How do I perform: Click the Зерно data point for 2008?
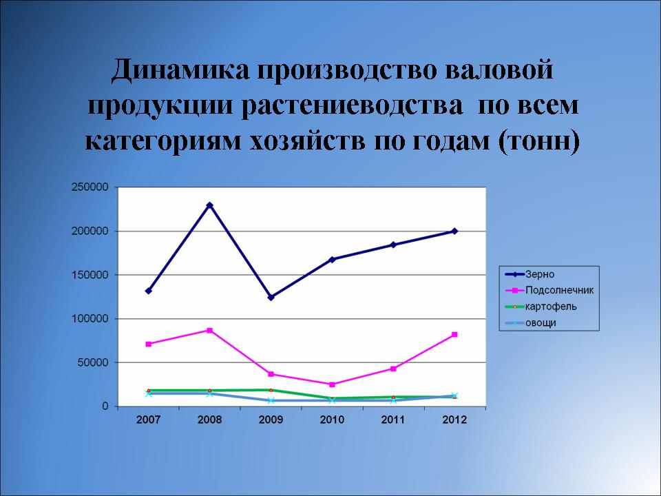209,205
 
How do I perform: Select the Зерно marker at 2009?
271,298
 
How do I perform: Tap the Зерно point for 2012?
454,231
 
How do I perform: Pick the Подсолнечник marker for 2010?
332,384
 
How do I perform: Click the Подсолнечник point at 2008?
209,330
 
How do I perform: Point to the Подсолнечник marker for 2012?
454,335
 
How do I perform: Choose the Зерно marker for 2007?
149,291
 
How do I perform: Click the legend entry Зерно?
530,275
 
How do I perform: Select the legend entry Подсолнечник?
549,291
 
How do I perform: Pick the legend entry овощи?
530,323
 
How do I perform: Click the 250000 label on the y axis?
90,187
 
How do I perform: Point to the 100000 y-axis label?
90,318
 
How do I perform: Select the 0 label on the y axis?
105,406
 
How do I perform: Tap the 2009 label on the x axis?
271,420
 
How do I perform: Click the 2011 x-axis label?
393,420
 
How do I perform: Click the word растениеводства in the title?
352,106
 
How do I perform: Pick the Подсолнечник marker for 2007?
149,344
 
